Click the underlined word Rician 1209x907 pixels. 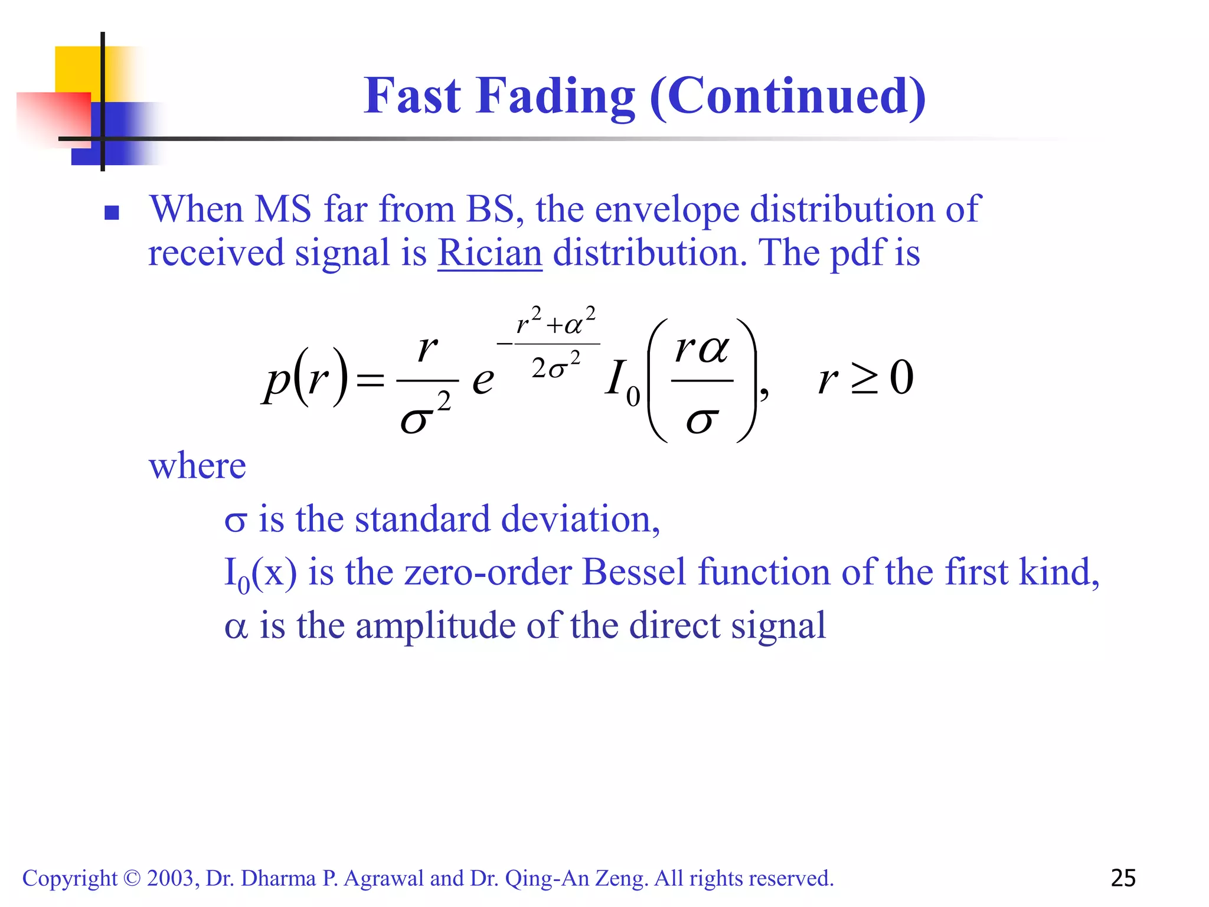click(489, 253)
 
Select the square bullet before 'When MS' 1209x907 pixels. click(112, 213)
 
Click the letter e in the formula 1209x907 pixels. click(483, 381)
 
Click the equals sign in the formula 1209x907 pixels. click(371, 381)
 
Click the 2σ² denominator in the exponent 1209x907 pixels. click(556, 366)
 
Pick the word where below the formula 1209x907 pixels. click(197, 466)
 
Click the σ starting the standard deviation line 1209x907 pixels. click(235, 521)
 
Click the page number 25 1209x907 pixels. click(1123, 879)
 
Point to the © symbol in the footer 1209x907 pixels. click(132, 879)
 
